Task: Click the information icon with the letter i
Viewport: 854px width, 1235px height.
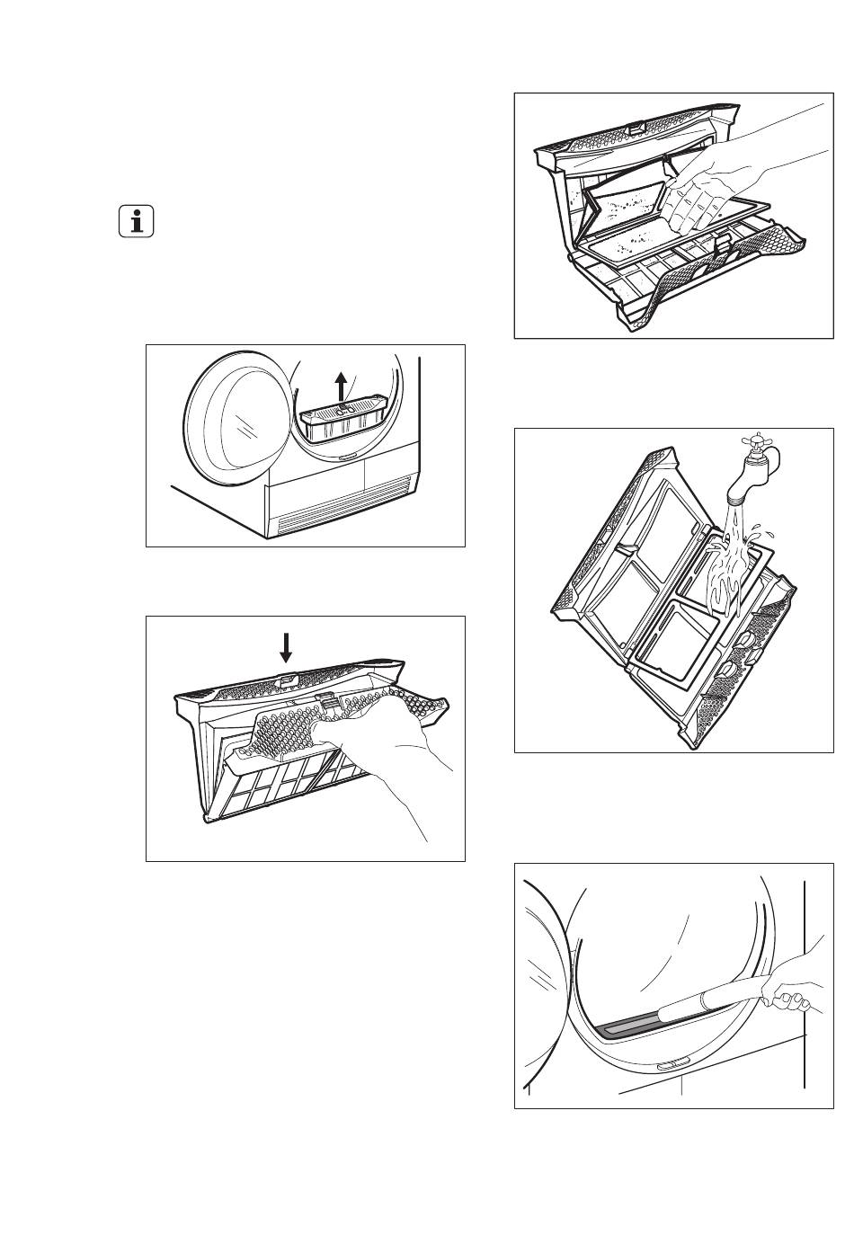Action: pos(137,221)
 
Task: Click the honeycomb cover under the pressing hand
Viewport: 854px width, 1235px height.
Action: pos(297,728)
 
